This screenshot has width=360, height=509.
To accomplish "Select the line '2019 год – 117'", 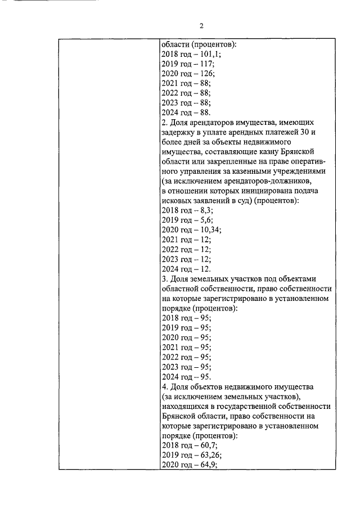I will tap(187, 64).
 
